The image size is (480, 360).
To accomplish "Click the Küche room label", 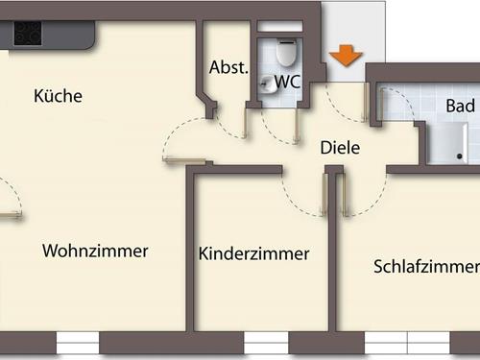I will click(58, 96).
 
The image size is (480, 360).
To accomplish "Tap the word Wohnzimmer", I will click(95, 252).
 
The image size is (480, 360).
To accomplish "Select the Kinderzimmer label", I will click(253, 253).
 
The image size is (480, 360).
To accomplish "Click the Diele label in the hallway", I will click(339, 148).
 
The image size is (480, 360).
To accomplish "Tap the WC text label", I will click(288, 83).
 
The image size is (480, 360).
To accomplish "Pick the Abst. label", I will click(228, 68).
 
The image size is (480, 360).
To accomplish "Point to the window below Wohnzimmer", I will click(78, 342).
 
